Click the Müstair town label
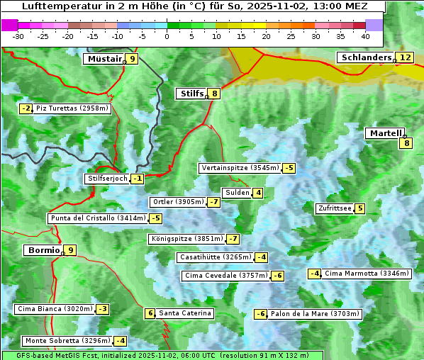tap(104, 59)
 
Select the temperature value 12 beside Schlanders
tap(405, 57)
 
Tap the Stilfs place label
tap(191, 94)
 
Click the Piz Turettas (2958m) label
tap(72, 108)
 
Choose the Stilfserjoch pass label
tap(107, 179)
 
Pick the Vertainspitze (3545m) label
tap(240, 168)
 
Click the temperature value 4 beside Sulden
tap(258, 193)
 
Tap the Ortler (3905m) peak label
tap(178, 202)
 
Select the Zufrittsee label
tap(335, 208)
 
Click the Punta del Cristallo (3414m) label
tap(97, 218)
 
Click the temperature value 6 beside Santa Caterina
tap(150, 313)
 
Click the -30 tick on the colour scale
tap(18, 35)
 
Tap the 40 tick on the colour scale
tap(365, 35)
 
